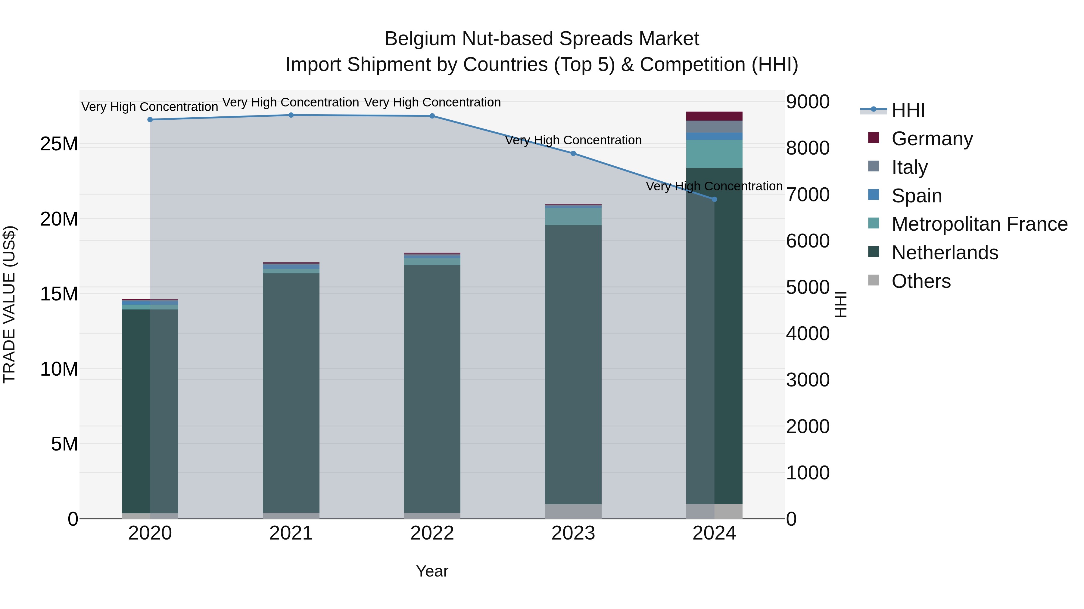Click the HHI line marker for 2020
tap(150, 120)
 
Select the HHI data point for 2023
tap(573, 153)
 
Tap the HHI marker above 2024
tap(714, 199)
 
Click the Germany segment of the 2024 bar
tap(714, 116)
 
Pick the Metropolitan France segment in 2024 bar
tap(714, 154)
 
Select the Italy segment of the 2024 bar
tap(714, 127)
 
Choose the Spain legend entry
tap(917, 196)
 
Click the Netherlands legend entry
tap(945, 253)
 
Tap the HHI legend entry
tap(908, 110)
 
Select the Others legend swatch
tap(874, 280)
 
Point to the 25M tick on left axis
tap(59, 144)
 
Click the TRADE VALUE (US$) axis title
tap(9, 304)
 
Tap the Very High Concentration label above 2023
tap(573, 140)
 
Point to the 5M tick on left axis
tap(64, 444)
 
